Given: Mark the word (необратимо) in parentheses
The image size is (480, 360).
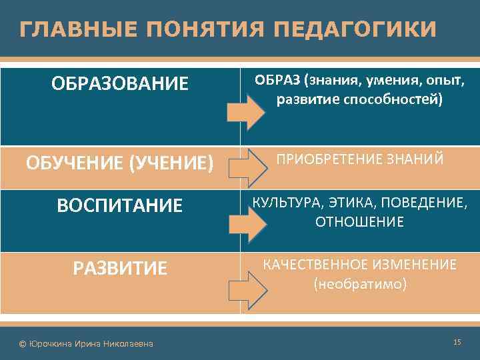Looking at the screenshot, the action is pos(359,284).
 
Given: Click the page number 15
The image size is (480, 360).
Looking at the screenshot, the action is pos(457,342).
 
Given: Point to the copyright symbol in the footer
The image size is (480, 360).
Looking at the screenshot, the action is pos(23,343).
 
